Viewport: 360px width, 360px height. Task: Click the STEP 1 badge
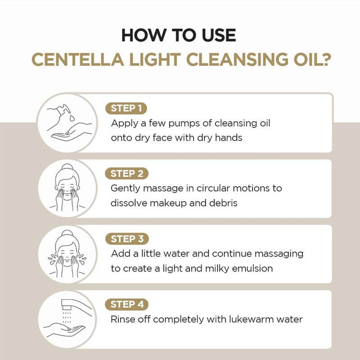[126, 108]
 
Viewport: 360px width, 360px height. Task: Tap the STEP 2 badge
[126, 174]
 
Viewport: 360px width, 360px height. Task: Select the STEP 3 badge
[126, 239]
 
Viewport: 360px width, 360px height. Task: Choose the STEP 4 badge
[126, 305]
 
